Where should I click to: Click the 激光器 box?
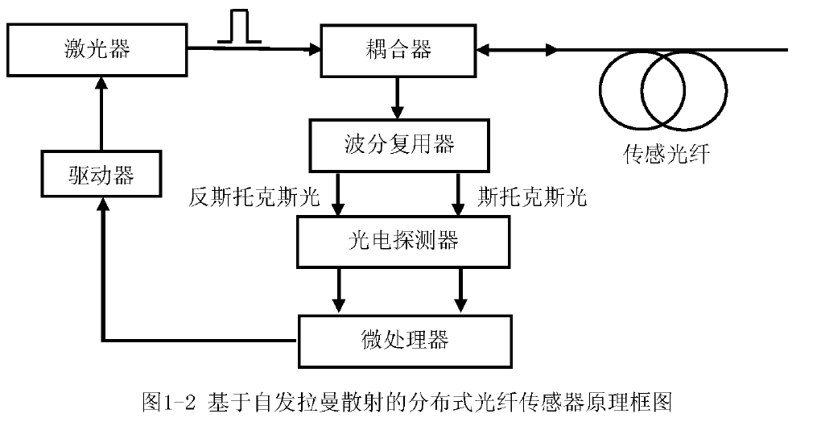click(97, 49)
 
